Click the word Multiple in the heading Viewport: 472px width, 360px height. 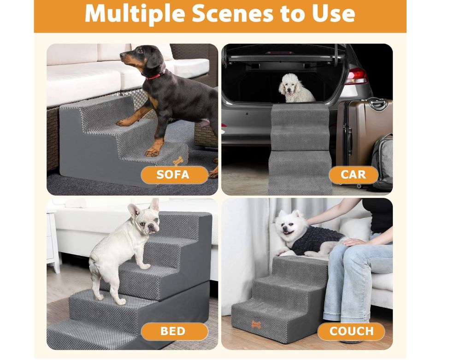(135, 13)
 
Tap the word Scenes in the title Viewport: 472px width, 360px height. (232, 13)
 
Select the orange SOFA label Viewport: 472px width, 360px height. (174, 175)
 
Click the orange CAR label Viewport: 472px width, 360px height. (354, 175)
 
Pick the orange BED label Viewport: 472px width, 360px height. (174, 331)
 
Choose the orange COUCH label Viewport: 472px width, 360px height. (351, 331)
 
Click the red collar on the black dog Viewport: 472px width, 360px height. (156, 75)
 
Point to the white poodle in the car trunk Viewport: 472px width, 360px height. (295, 88)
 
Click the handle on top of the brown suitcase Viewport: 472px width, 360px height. (378, 104)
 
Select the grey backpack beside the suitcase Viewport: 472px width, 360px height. (382, 163)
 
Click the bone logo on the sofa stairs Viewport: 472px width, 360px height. (178, 160)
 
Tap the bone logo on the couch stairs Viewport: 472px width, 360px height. (256, 325)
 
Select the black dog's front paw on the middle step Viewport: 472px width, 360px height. (124, 123)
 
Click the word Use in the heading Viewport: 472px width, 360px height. (334, 13)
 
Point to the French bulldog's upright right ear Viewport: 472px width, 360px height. (155, 205)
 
